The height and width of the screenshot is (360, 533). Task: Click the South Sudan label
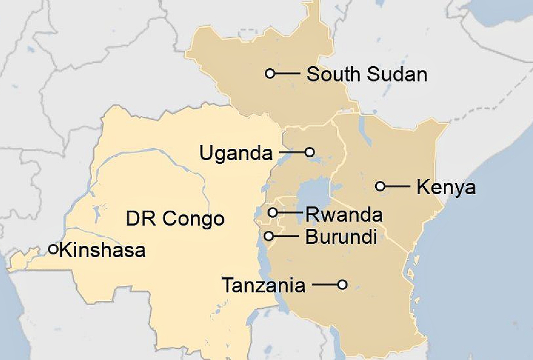(367, 74)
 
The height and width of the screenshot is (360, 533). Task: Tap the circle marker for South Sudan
(270, 73)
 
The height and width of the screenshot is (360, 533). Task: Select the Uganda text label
(236, 154)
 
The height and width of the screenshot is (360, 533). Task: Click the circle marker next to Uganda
(310, 152)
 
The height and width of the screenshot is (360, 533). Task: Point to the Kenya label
(446, 187)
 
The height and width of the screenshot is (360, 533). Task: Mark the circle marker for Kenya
(380, 186)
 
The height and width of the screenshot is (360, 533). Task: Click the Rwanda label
(344, 215)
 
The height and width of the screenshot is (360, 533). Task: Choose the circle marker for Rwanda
(273, 212)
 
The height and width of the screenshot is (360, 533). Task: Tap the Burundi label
(341, 237)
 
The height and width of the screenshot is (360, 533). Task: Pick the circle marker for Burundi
(269, 235)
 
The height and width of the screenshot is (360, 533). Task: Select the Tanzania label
(263, 286)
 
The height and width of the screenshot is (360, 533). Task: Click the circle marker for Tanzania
(342, 285)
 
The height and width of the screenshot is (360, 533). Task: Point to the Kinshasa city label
(102, 250)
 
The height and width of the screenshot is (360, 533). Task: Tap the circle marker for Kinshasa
(53, 249)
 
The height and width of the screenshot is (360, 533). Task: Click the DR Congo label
(175, 219)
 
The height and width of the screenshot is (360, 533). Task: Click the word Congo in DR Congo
(193, 219)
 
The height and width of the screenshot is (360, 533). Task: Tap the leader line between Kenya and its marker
(397, 186)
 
